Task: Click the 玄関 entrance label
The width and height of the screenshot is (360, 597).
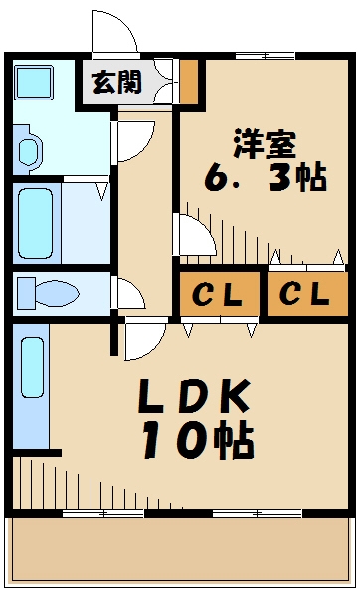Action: [x=117, y=81]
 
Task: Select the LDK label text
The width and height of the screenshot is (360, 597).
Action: [x=193, y=398]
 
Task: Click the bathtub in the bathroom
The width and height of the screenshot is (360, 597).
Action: [x=37, y=224]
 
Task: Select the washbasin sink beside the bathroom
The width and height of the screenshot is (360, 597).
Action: [x=28, y=150]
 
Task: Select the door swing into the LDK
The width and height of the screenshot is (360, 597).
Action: [x=145, y=340]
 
